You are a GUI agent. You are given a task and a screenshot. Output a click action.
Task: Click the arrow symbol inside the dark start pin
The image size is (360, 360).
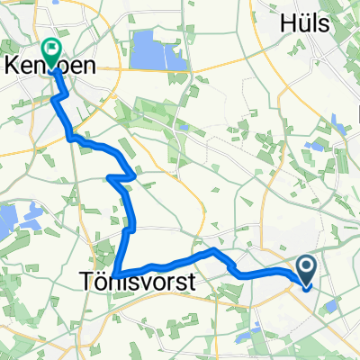point(306,266)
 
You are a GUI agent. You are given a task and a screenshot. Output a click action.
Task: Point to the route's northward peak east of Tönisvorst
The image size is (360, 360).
point(213,252)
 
